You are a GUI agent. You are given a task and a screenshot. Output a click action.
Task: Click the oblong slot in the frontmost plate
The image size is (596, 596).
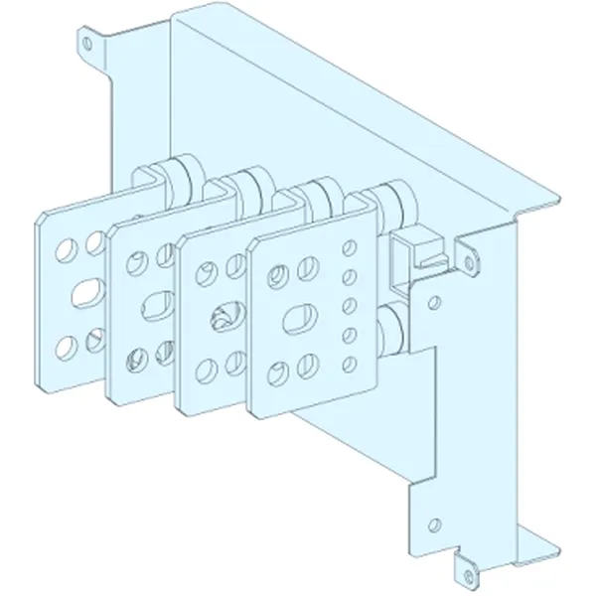(296, 322)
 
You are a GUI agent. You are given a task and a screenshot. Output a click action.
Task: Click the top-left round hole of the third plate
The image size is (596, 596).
(209, 268)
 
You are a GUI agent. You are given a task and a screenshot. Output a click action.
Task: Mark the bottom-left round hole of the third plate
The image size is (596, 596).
(209, 371)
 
